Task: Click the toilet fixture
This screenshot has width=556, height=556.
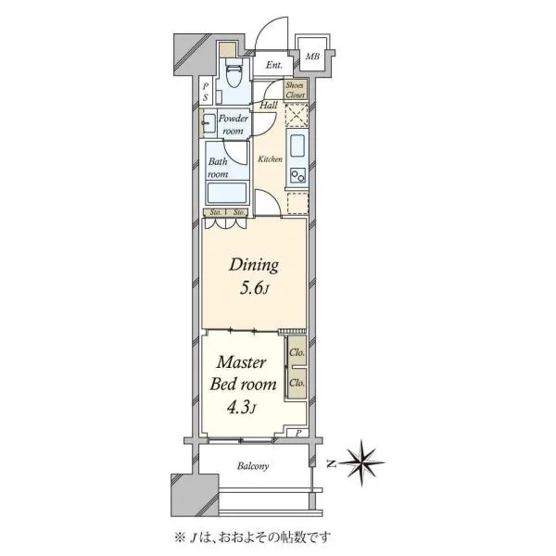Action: click(x=234, y=72)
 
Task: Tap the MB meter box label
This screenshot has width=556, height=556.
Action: click(x=312, y=56)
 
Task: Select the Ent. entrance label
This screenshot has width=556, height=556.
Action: click(x=274, y=65)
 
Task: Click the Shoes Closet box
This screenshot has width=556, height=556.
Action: click(x=296, y=90)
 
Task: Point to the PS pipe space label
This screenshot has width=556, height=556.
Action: click(x=206, y=92)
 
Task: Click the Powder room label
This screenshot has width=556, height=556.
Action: click(x=233, y=124)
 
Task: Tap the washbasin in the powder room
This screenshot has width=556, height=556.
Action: click(x=208, y=123)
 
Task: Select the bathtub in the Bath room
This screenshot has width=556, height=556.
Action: click(x=227, y=194)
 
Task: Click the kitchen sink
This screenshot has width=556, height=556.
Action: click(x=297, y=145)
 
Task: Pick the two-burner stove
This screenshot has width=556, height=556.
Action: click(x=297, y=175)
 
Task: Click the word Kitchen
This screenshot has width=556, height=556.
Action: click(x=271, y=159)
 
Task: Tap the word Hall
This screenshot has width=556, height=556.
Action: click(x=269, y=105)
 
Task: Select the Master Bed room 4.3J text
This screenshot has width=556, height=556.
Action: click(x=243, y=385)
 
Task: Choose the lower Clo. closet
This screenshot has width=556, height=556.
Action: click(x=297, y=384)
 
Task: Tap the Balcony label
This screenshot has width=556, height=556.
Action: click(x=253, y=465)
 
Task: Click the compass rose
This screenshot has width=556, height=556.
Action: click(x=361, y=462)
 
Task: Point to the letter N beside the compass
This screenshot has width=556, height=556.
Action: click(x=331, y=463)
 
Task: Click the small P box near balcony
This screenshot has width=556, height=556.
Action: click(x=298, y=433)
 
